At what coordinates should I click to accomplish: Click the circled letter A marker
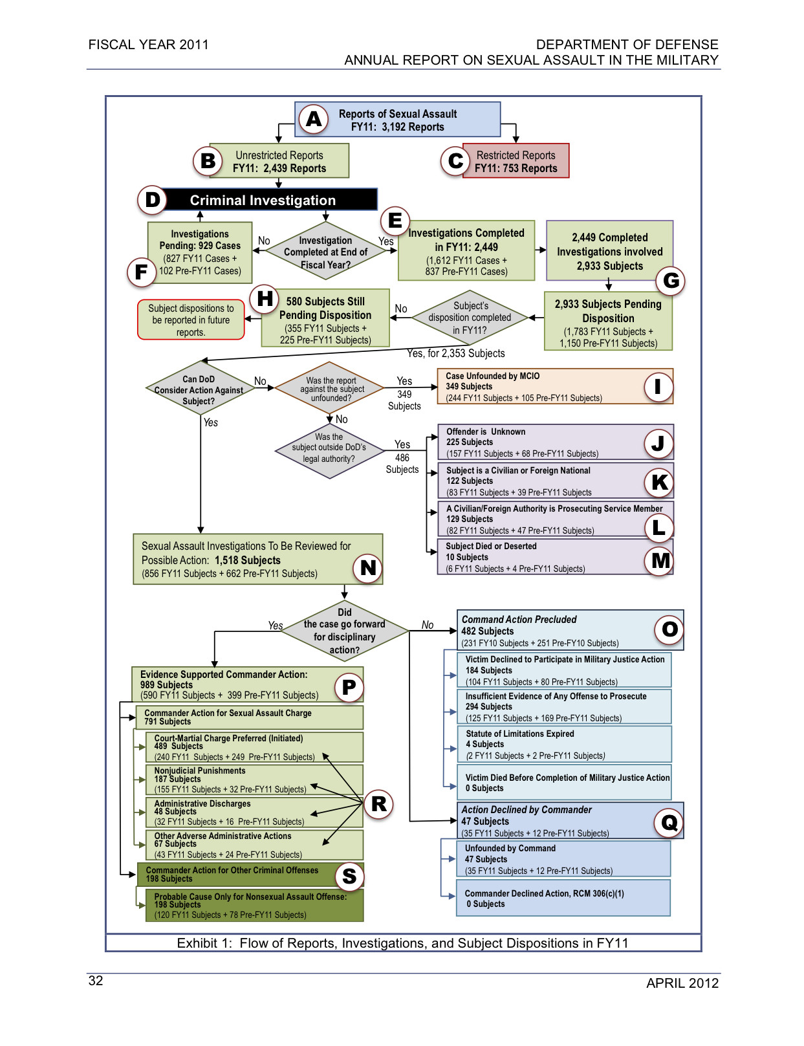(x=314, y=119)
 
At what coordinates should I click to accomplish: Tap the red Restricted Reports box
(x=516, y=161)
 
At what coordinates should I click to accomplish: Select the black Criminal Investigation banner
(x=263, y=200)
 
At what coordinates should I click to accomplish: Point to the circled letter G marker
(x=671, y=280)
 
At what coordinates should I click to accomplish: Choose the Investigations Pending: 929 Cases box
(x=200, y=252)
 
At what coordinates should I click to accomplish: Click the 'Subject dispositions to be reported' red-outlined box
(x=191, y=320)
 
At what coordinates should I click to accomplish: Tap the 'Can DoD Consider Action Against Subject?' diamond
(x=199, y=390)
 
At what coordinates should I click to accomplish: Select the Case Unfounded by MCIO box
(x=555, y=387)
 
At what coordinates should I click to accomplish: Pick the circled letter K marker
(x=659, y=482)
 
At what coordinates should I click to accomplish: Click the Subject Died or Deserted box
(x=555, y=558)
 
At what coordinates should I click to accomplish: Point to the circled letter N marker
(x=368, y=567)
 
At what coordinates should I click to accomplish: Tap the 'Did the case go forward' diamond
(x=345, y=631)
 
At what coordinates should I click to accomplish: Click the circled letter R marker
(x=379, y=803)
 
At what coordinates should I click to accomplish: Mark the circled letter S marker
(x=349, y=876)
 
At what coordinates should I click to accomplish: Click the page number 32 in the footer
(x=96, y=981)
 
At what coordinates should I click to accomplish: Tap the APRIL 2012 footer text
(x=682, y=983)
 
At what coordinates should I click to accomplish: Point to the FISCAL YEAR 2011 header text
(x=149, y=45)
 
